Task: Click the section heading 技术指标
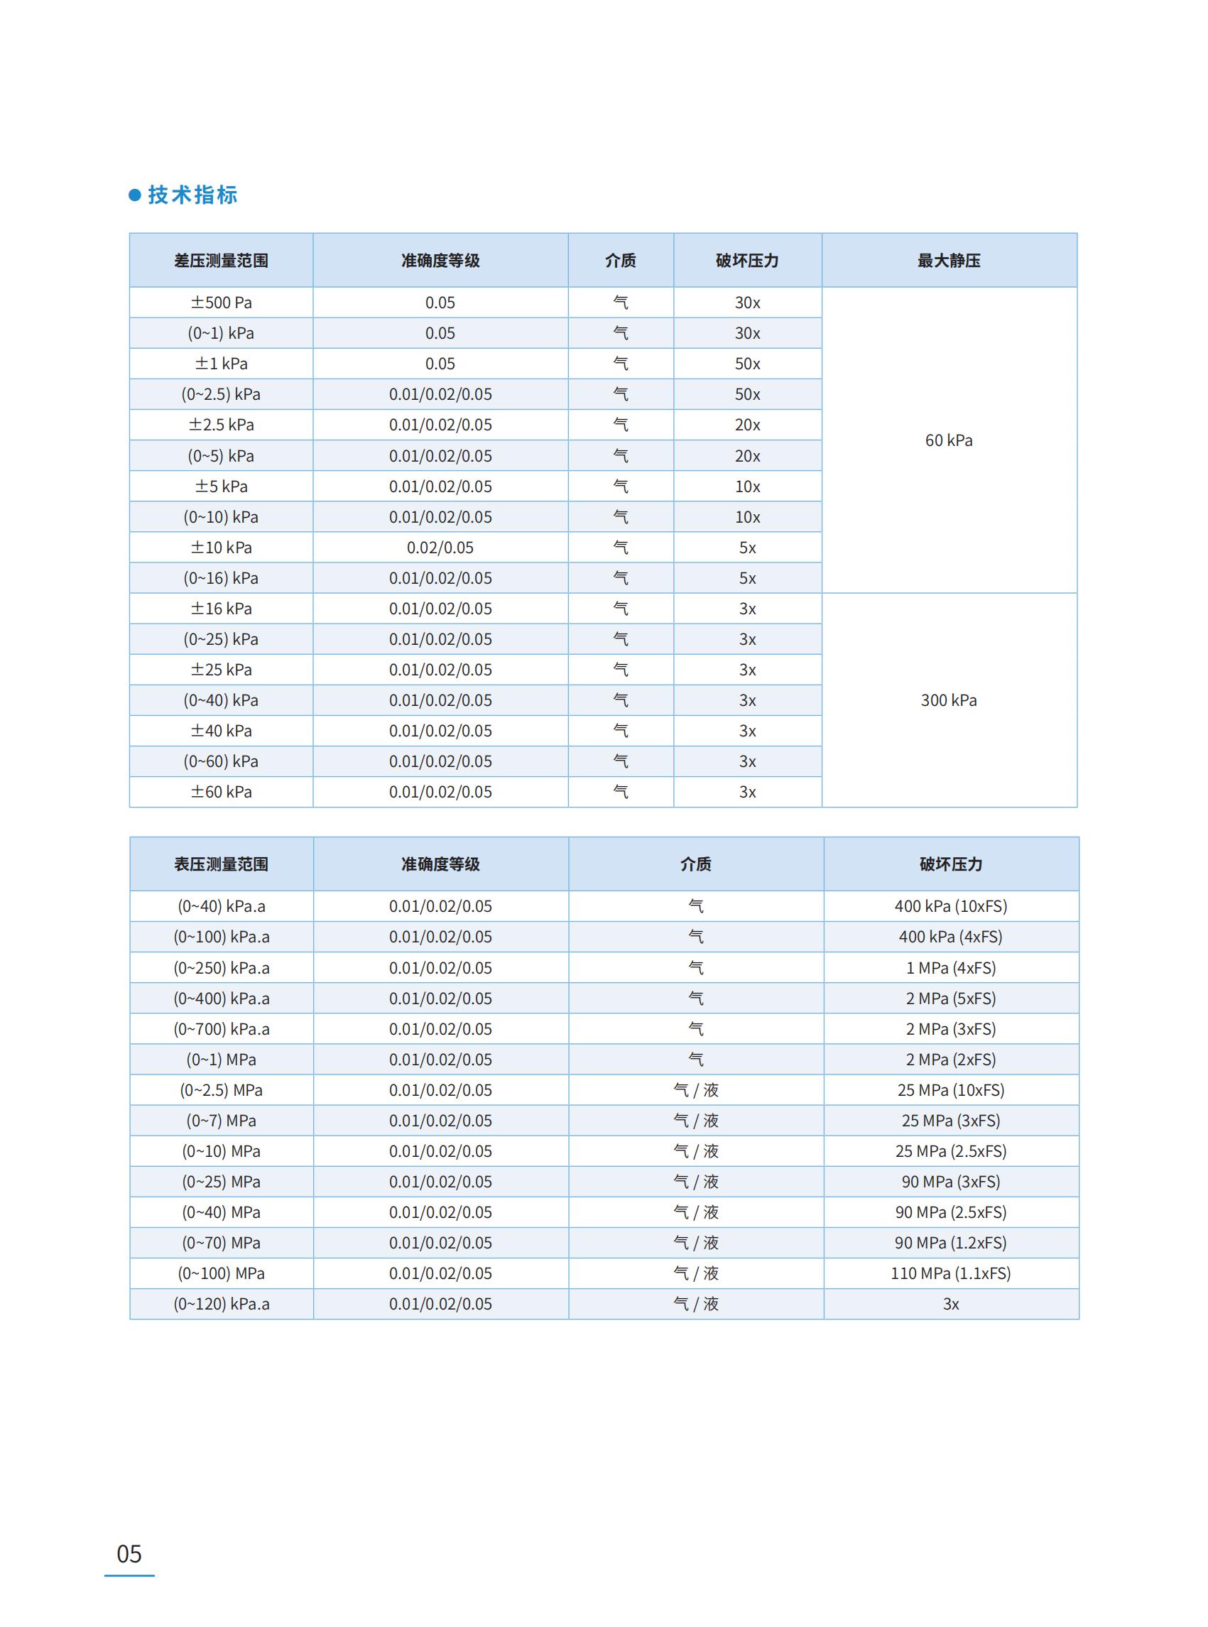coord(192,195)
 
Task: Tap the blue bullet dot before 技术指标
coord(134,195)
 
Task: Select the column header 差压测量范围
coord(221,261)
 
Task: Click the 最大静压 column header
coord(948,261)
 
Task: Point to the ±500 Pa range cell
coord(221,303)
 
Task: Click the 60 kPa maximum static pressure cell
coord(948,440)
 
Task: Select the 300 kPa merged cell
coord(948,700)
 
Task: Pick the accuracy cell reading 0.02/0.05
coord(440,548)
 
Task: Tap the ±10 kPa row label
coord(221,548)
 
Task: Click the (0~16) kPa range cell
coord(221,578)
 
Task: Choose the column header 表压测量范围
coord(221,864)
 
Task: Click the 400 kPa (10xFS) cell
coord(951,907)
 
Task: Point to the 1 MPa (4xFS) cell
coord(951,968)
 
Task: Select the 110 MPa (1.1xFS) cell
coord(951,1273)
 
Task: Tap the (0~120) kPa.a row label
coord(221,1304)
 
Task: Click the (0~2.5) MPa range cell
coord(221,1090)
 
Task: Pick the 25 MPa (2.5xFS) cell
coord(951,1151)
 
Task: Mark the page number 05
coord(129,1553)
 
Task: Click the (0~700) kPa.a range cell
coord(221,1029)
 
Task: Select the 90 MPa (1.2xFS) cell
coord(951,1242)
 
